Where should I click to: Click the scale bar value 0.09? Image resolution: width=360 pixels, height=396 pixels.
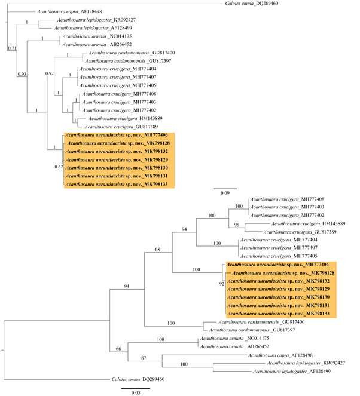[x=225, y=193]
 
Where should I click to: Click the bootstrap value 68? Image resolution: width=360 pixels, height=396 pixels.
[x=158, y=248]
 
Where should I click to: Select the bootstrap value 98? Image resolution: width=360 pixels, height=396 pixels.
[x=236, y=224]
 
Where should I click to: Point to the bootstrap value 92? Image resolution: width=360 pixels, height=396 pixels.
[x=221, y=284]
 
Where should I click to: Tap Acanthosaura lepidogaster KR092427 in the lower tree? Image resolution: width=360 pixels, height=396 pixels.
[x=304, y=363]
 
